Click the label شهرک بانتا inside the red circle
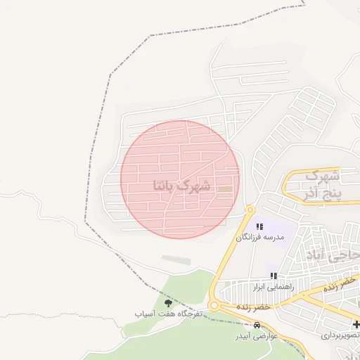click(181, 186)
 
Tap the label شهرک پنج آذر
click(324, 184)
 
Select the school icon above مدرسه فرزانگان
click(259, 226)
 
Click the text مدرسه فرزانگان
click(259, 238)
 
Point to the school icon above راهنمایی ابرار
click(273, 276)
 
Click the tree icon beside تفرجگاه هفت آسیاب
click(167, 302)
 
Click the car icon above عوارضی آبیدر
click(257, 326)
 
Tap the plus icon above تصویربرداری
click(356, 324)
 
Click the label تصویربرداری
click(340, 335)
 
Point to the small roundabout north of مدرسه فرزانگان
click(250, 209)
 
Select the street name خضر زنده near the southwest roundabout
click(253, 307)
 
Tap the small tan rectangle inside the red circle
click(225, 188)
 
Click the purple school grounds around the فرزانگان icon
click(266, 226)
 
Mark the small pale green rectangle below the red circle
click(176, 259)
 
